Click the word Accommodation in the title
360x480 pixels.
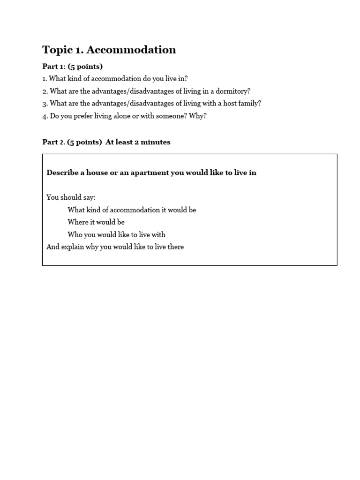[x=131, y=50]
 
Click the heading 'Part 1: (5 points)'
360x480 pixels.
[x=73, y=67]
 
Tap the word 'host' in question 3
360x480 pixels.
[x=231, y=103]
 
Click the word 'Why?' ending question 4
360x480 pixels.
[x=198, y=116]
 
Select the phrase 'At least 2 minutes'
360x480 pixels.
[x=138, y=142]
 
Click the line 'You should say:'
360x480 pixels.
[x=71, y=197]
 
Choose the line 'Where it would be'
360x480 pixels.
[x=96, y=222]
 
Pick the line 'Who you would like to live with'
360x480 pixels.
[x=116, y=234]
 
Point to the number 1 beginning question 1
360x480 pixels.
[x=44, y=79]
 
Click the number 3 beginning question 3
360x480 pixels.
[x=45, y=104]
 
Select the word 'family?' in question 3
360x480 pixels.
[x=249, y=103]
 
